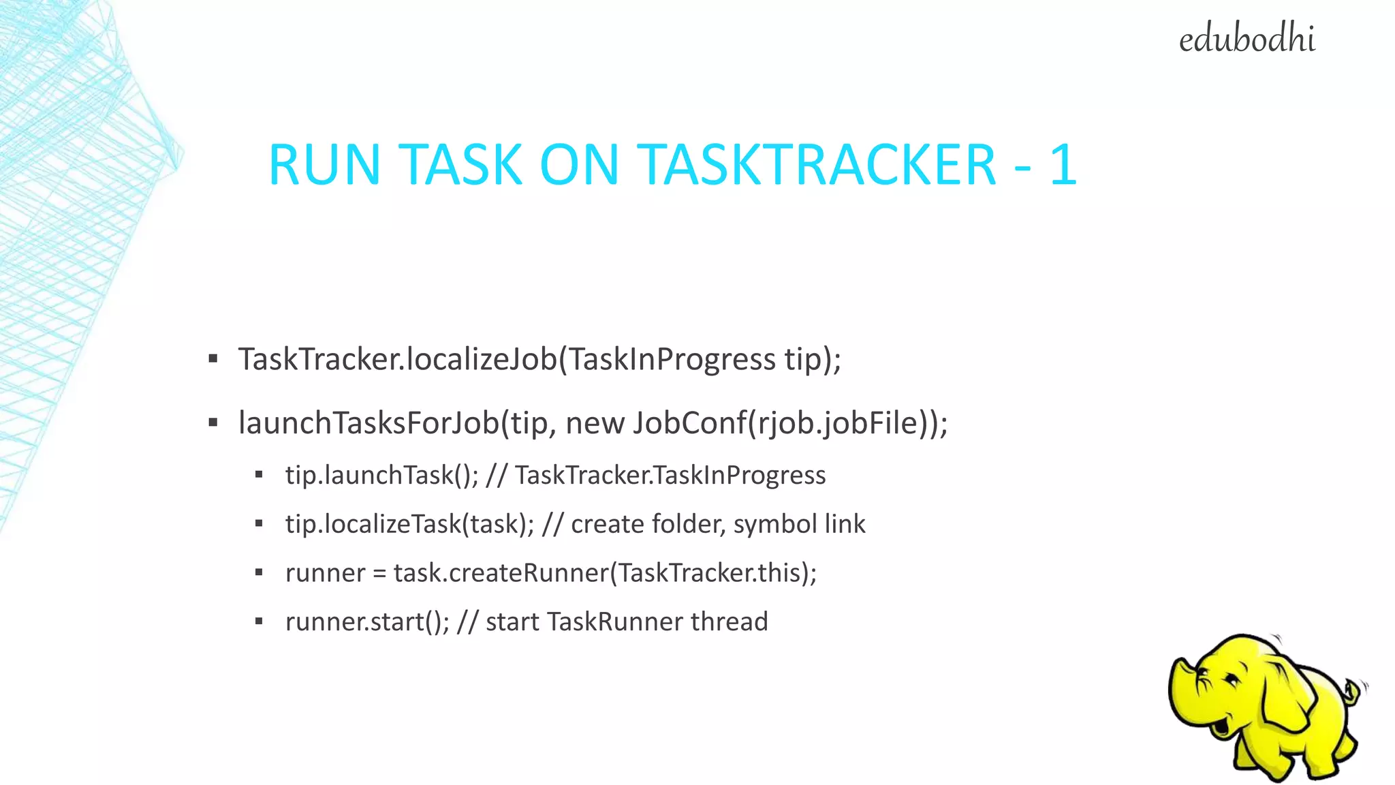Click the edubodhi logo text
click(x=1247, y=40)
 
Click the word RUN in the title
click(x=324, y=165)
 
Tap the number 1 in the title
click(x=1063, y=165)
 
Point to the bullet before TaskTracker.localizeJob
click(x=213, y=358)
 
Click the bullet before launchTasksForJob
click(x=213, y=422)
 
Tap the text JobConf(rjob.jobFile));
click(x=790, y=422)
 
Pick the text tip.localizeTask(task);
click(x=409, y=524)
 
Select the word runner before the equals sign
click(x=325, y=573)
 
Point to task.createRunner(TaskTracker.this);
click(x=605, y=573)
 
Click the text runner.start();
click(x=367, y=621)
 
